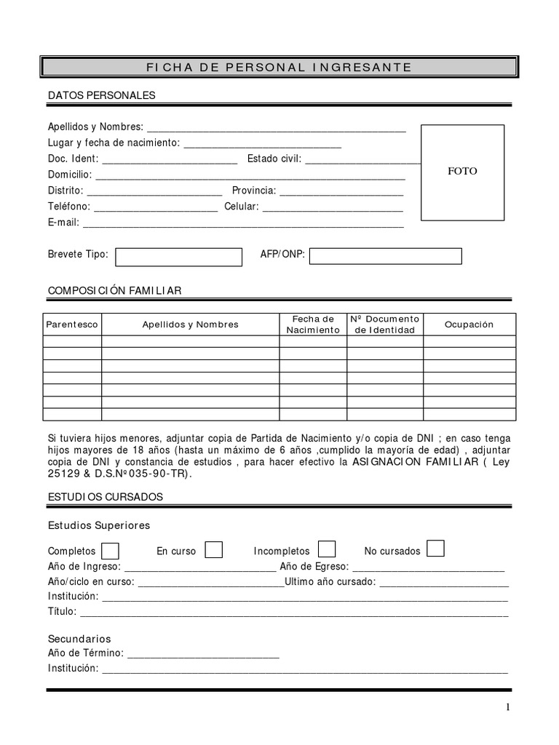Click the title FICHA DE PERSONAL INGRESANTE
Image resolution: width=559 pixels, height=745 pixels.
[279, 68]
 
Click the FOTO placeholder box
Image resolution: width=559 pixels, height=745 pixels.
[462, 172]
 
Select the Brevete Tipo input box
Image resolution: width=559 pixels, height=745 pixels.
[178, 257]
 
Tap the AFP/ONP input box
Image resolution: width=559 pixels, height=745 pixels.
[386, 256]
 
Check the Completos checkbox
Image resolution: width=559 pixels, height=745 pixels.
[111, 550]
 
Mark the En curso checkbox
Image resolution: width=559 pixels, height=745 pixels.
[213, 550]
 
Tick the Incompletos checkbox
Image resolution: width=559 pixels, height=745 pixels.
[328, 549]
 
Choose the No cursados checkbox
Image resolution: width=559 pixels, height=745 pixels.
[435, 549]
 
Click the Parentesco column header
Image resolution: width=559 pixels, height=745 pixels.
[72, 324]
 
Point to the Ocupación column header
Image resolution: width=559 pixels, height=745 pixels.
[469, 324]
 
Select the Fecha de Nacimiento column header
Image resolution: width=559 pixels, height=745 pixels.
[313, 324]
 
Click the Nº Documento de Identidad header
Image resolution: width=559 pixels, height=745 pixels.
[384, 324]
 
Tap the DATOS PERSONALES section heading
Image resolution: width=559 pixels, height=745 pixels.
[101, 95]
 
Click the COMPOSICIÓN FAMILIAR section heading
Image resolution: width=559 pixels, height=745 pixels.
[114, 290]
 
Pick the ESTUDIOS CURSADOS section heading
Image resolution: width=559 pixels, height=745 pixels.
[106, 497]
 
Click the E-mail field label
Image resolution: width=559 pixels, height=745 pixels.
[63, 223]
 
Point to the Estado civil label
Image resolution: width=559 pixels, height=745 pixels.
[274, 159]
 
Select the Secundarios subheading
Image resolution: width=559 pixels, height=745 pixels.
[79, 639]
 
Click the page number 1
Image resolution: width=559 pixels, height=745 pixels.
[508, 708]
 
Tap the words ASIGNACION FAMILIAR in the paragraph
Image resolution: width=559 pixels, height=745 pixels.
[416, 462]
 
